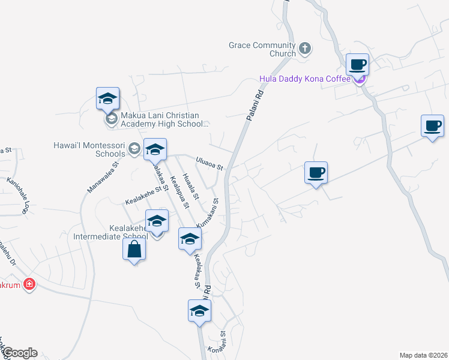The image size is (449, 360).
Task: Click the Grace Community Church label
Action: pyautogui.click(x=262, y=49)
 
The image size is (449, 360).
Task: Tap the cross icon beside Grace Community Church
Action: pyautogui.click(x=305, y=48)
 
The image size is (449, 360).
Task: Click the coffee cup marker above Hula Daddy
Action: pyautogui.click(x=358, y=64)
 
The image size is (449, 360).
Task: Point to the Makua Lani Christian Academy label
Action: pyautogui.click(x=160, y=120)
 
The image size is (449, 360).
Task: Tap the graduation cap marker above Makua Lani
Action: pyautogui.click(x=108, y=98)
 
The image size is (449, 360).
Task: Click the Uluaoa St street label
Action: pyautogui.click(x=209, y=163)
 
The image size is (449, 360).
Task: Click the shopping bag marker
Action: pyautogui.click(x=134, y=248)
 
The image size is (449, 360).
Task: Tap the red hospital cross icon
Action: pyautogui.click(x=28, y=284)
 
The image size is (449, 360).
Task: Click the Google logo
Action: pyautogui.click(x=20, y=353)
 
